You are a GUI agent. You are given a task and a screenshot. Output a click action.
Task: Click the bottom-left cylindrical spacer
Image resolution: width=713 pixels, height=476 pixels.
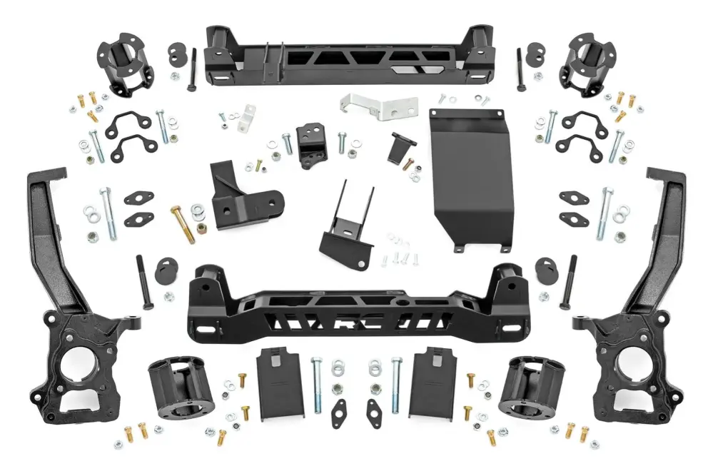[x=175, y=389]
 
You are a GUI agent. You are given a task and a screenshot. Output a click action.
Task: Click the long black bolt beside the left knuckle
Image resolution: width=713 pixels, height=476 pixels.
[x=143, y=282]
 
